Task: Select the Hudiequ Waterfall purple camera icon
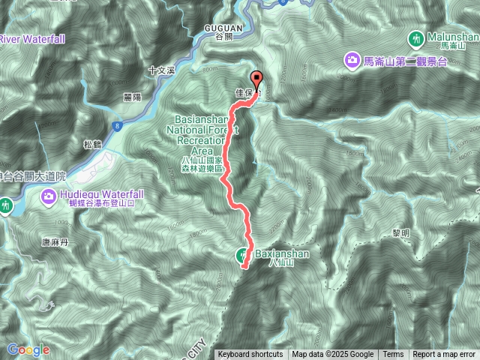[x=48, y=196]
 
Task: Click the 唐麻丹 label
[x=55, y=242]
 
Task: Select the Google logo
[x=28, y=349]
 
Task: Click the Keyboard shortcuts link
[x=250, y=355]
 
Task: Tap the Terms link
[x=393, y=355]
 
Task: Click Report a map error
[x=444, y=355]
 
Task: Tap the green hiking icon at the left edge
[x=6, y=204]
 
